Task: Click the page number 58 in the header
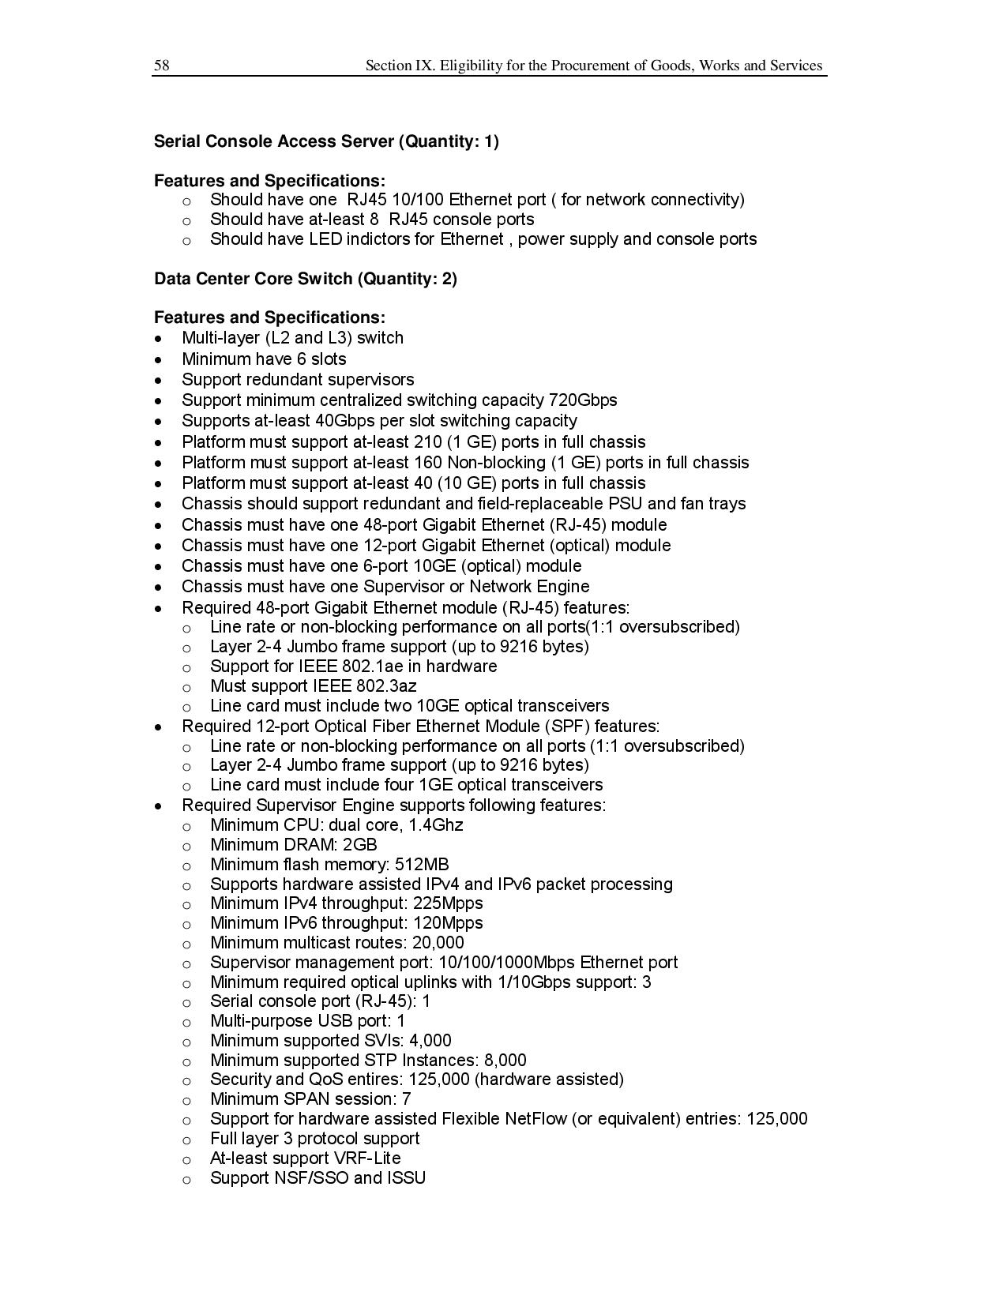161,66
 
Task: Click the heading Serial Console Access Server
273,141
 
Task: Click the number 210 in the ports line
427,442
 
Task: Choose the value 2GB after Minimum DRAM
360,845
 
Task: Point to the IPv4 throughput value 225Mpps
448,903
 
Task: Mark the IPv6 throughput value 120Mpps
448,923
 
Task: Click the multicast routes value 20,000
438,943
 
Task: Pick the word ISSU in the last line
406,1178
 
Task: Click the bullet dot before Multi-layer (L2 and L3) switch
160,339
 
